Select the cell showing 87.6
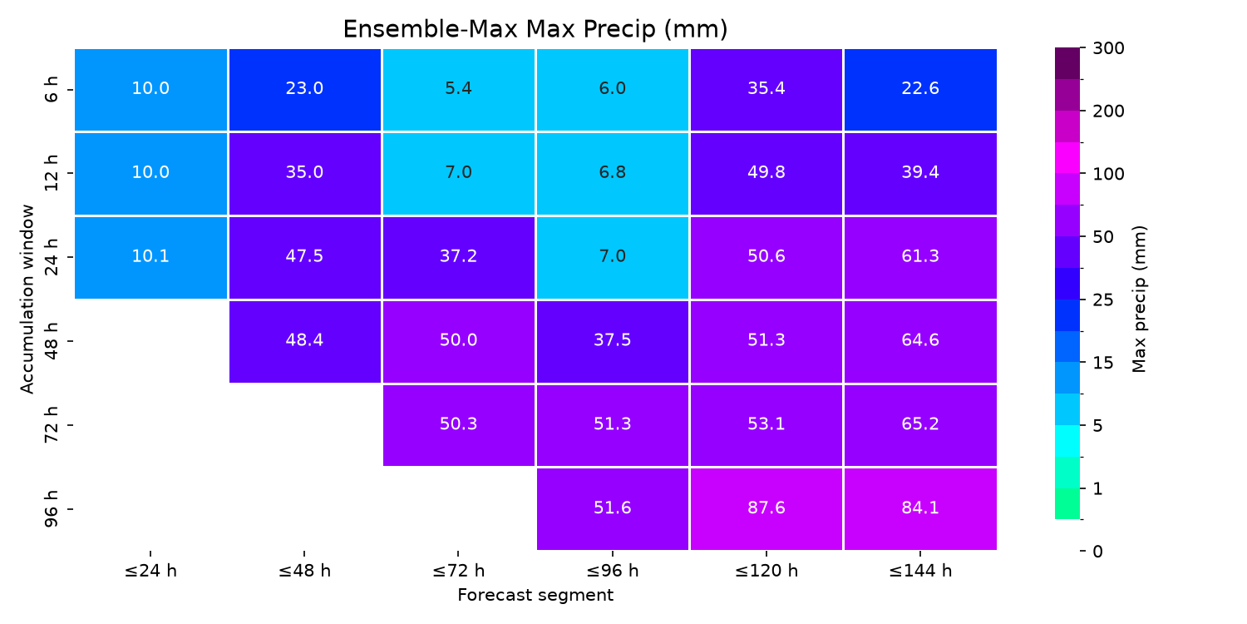[766, 508]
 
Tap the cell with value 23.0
[304, 90]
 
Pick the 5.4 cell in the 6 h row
[458, 90]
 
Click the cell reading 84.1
[920, 508]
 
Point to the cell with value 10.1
[150, 257]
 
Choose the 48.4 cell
[304, 341]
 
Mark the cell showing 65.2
[920, 425]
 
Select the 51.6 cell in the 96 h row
[613, 508]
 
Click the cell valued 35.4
[766, 90]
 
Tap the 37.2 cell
[458, 257]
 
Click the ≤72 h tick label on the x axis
[458, 571]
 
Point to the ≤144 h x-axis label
[920, 571]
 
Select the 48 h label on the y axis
[51, 341]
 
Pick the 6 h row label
[51, 90]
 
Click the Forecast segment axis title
[535, 595]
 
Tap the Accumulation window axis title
[27, 300]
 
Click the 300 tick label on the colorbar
[1108, 48]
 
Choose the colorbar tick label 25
[1103, 300]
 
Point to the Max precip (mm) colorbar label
[1140, 300]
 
